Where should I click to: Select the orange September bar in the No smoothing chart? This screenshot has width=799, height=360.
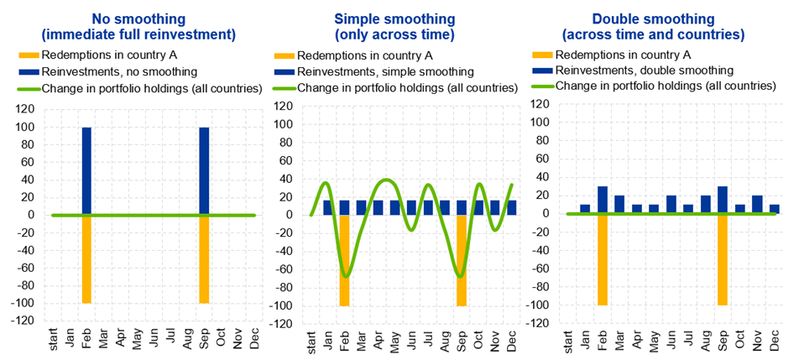[x=204, y=259]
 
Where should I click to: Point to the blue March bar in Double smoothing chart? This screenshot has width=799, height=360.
[x=619, y=204]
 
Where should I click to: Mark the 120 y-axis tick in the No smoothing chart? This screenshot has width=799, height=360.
[x=30, y=109]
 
